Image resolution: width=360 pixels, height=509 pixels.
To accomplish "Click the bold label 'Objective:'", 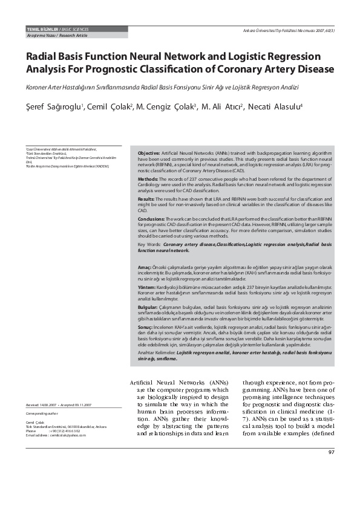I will (x=149, y=154).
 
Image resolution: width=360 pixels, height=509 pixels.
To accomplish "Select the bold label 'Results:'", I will (x=146, y=198).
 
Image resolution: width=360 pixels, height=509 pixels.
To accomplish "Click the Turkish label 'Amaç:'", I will (x=144, y=267).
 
